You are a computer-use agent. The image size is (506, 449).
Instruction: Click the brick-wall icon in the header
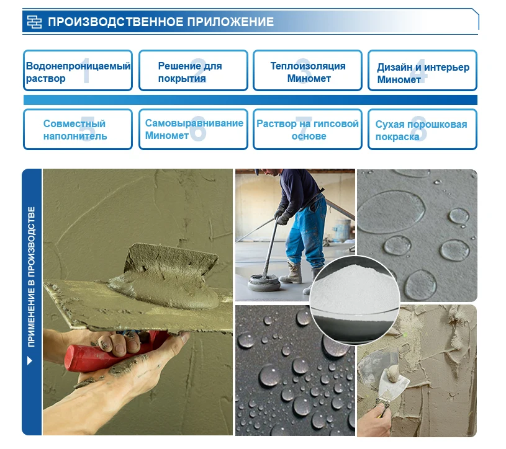[34, 22]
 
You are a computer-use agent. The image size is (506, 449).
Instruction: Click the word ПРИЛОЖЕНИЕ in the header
[230, 22]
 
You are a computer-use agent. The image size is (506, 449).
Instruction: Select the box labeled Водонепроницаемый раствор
[78, 70]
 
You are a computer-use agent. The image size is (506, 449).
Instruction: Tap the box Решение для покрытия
[193, 70]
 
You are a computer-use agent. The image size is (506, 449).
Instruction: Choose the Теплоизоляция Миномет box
[307, 70]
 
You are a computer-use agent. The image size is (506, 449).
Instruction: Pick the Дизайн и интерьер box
[422, 70]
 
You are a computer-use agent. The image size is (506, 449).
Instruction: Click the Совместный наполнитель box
[78, 129]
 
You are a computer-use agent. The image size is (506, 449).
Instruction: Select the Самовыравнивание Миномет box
[193, 129]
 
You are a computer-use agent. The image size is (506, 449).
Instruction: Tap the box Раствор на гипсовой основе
[307, 129]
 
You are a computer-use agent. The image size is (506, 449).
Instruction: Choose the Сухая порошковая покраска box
[422, 129]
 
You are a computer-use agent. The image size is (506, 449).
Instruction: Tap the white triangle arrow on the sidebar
[30, 360]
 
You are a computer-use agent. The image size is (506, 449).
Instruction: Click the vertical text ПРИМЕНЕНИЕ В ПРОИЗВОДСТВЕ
[31, 277]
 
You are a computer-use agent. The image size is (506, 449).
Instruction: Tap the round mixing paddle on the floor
[264, 283]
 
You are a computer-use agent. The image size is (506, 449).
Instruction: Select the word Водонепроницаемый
[78, 66]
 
